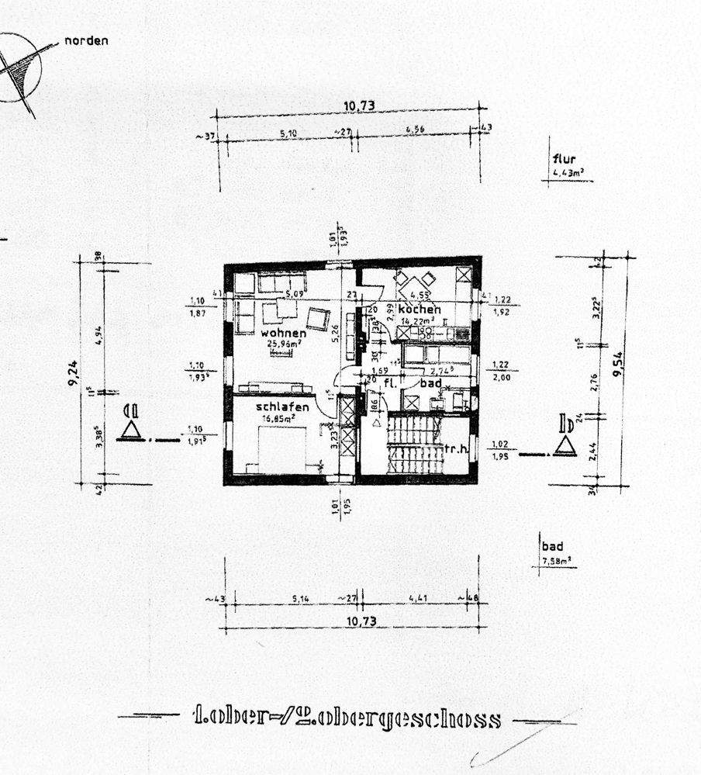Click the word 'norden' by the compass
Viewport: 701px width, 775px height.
pos(85,40)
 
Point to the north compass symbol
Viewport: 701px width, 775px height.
pos(22,68)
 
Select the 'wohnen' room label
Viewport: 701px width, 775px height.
pos(266,333)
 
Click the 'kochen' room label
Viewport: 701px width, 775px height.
pos(420,310)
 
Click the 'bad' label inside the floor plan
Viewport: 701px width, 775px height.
pos(430,383)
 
